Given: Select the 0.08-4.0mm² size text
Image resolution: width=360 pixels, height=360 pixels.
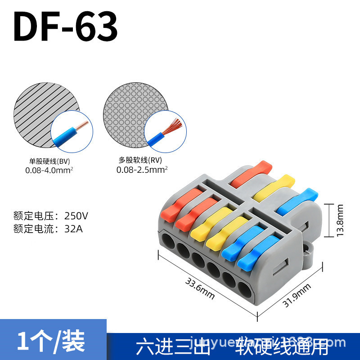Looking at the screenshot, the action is pyautogui.click(x=49, y=170).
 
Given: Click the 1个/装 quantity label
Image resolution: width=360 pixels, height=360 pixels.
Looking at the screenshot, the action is pyautogui.click(x=51, y=341).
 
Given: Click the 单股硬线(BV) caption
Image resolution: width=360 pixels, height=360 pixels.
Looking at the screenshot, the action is pyautogui.click(x=47, y=161).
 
